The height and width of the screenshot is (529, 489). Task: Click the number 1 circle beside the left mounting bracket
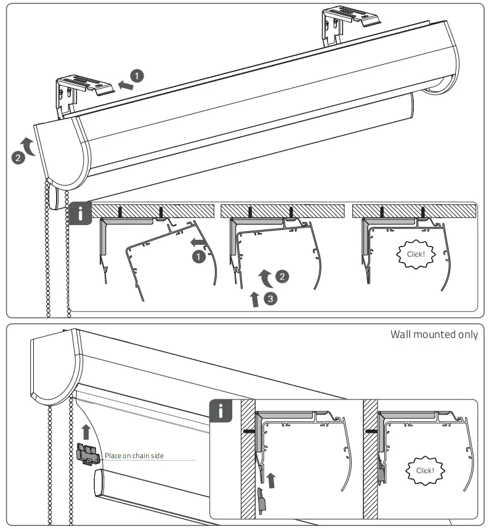pyautogui.click(x=137, y=76)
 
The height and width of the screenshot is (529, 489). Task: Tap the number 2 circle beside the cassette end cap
pyautogui.click(x=18, y=158)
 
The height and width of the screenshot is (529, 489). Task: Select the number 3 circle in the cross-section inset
pyautogui.click(x=270, y=299)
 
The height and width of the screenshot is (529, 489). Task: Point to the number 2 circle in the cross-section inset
pyautogui.click(x=281, y=277)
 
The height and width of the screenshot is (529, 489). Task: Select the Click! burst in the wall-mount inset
pyautogui.click(x=425, y=470)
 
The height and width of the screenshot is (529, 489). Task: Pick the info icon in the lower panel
pyautogui.click(x=220, y=411)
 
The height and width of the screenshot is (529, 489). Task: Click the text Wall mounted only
pyautogui.click(x=434, y=335)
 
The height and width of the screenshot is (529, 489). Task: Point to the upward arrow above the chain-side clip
pyautogui.click(x=86, y=430)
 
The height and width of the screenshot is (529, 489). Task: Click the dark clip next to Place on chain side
pyautogui.click(x=89, y=453)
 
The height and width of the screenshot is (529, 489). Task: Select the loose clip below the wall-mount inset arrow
pyautogui.click(x=262, y=499)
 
